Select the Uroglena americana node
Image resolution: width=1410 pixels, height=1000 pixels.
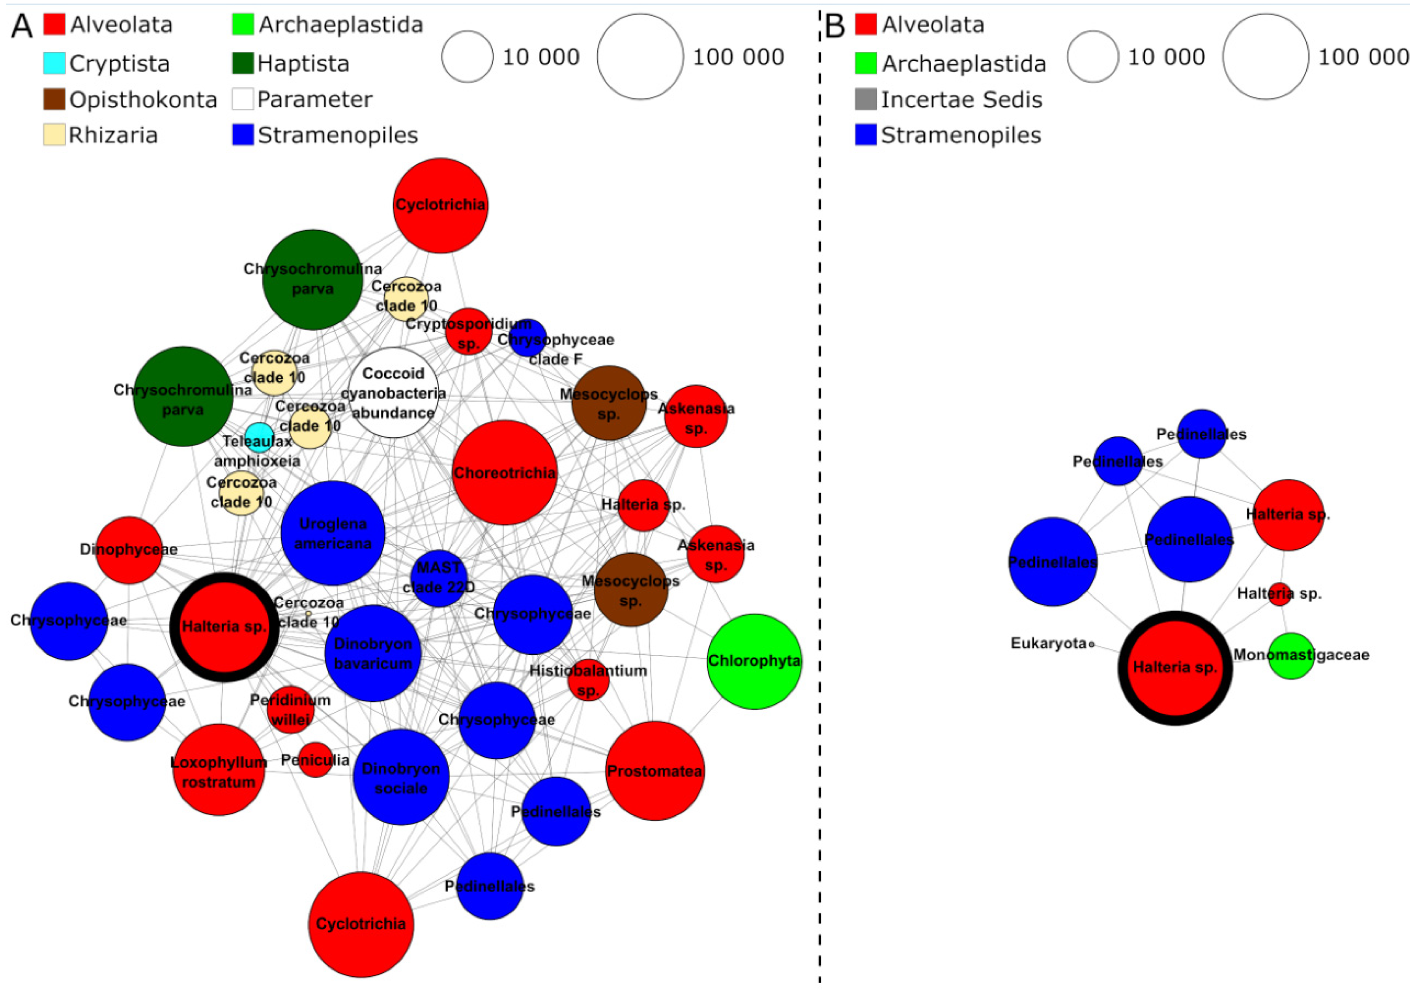click(x=333, y=533)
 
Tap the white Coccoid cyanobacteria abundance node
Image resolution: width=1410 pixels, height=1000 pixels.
click(x=393, y=393)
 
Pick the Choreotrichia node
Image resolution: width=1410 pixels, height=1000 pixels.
click(x=505, y=473)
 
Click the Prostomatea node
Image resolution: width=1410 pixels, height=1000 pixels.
click(x=655, y=771)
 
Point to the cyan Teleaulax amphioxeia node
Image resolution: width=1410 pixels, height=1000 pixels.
click(x=259, y=438)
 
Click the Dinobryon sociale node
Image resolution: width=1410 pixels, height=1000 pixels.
click(x=401, y=777)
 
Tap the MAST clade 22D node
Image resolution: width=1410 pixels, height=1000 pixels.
click(x=438, y=578)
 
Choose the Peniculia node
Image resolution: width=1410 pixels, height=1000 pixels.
click(x=315, y=760)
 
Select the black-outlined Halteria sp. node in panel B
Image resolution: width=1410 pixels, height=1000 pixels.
click(x=1175, y=668)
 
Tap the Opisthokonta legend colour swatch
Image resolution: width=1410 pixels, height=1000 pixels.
click(x=54, y=99)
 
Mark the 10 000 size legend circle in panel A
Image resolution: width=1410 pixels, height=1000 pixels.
click(x=467, y=57)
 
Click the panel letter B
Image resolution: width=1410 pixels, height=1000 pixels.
click(x=834, y=26)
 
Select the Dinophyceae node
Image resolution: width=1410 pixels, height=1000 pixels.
click(x=129, y=550)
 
